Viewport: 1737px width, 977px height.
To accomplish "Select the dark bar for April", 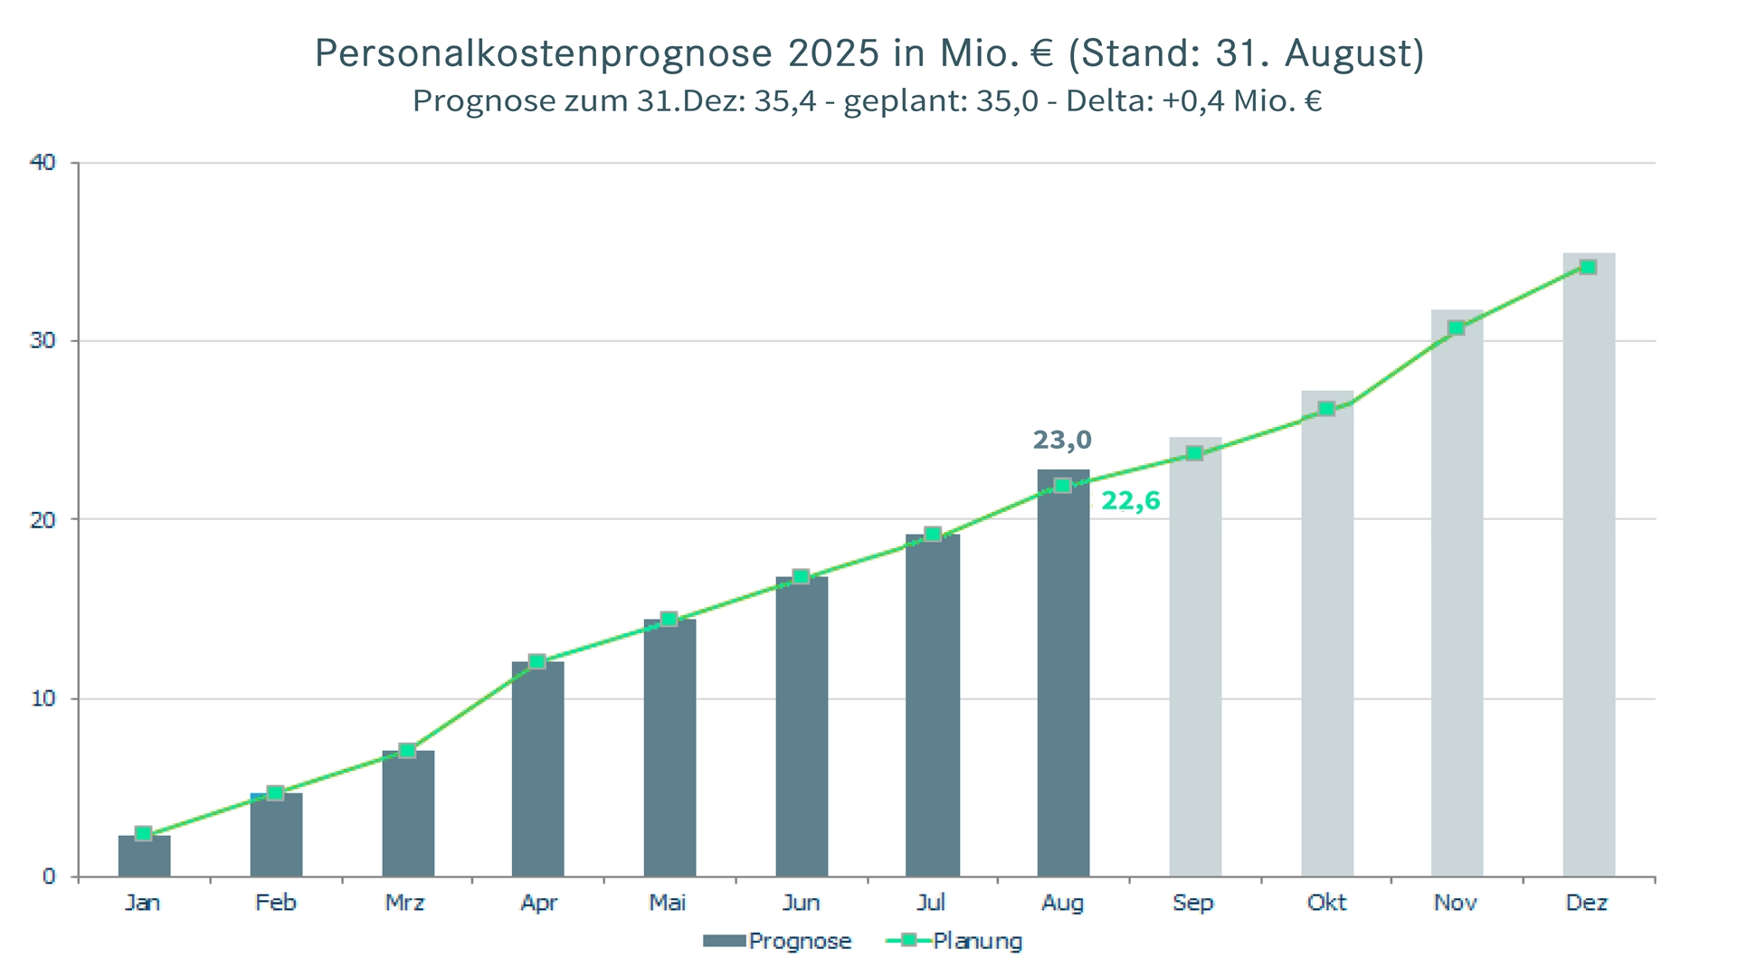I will point(537,769).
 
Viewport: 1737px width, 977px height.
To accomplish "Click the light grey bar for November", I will point(1457,597).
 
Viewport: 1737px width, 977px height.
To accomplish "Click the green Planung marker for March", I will point(407,750).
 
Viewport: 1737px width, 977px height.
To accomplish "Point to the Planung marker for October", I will point(1326,409).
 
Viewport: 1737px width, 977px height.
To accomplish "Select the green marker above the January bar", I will point(143,833).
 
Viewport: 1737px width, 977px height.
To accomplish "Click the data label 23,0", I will point(1062,441).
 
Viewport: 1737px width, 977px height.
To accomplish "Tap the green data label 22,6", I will point(1130,501).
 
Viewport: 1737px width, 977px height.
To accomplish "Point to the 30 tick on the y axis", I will point(43,341).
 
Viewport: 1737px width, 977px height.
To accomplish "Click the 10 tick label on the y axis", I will point(43,698).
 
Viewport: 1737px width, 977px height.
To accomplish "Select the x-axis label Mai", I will point(668,903).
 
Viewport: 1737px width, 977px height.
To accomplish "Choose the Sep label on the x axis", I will point(1193,903).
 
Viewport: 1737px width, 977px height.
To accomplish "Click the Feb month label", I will point(275,903).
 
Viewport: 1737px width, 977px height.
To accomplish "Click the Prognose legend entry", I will point(778,942).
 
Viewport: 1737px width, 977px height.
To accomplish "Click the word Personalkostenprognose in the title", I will point(543,53).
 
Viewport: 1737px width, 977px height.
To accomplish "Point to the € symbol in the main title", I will point(1042,53).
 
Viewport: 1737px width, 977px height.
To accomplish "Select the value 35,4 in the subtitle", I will point(784,100).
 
